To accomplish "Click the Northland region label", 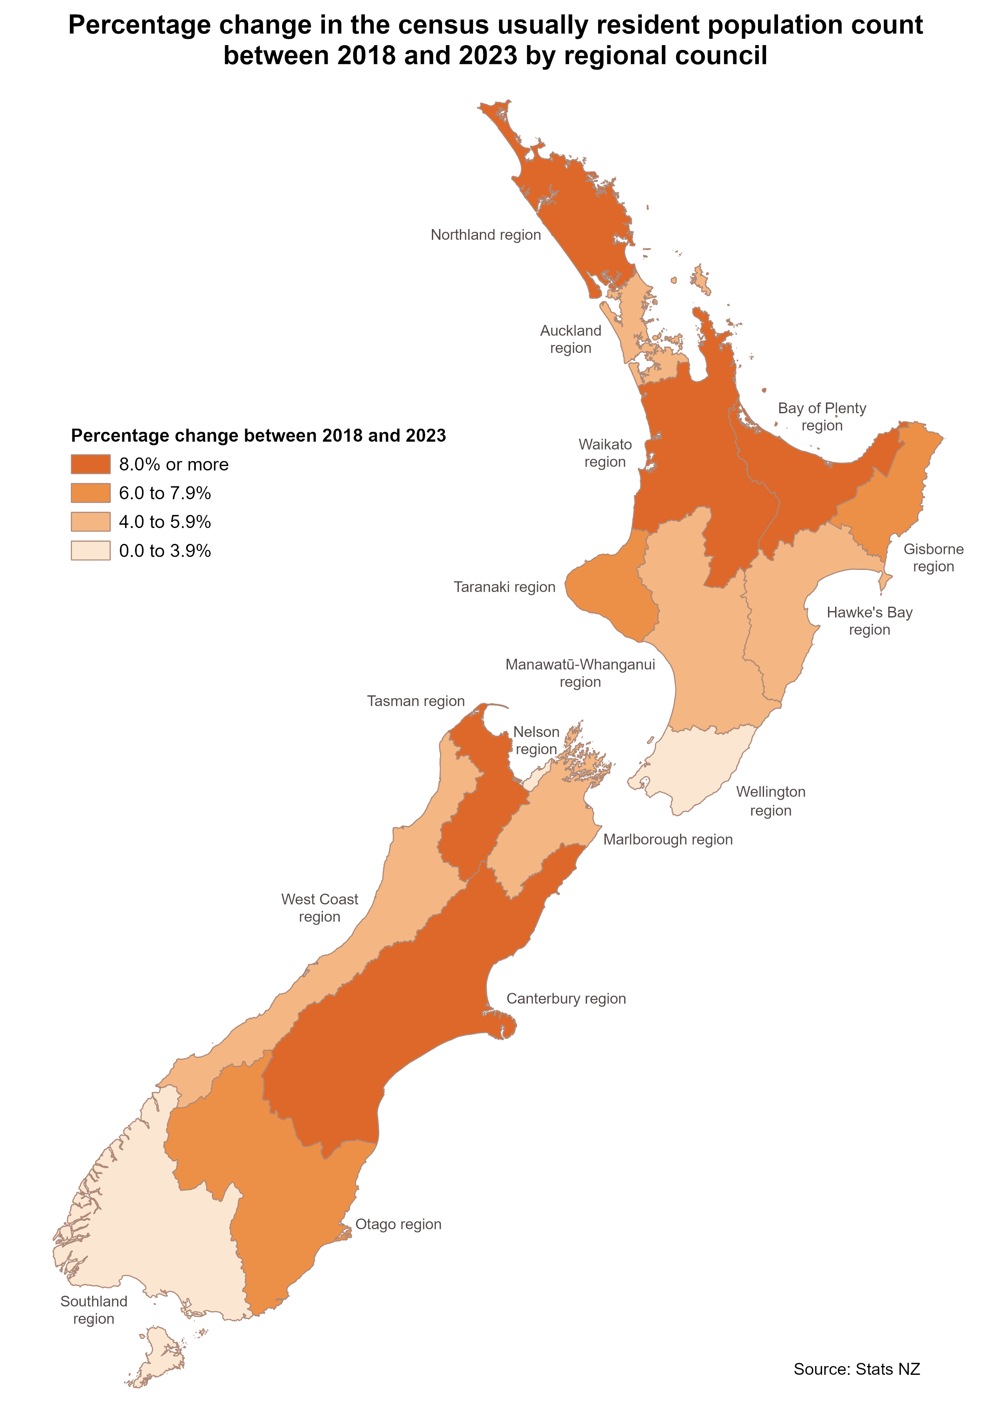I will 486,235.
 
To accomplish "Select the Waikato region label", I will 605,453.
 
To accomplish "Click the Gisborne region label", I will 933,558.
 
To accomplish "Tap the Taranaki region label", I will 504,587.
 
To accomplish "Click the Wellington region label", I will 770,801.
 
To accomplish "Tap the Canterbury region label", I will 566,999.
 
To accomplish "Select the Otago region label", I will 398,1224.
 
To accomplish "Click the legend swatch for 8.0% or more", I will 90,464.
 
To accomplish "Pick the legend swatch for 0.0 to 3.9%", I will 90,551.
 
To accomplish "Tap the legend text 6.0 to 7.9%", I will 165,494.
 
